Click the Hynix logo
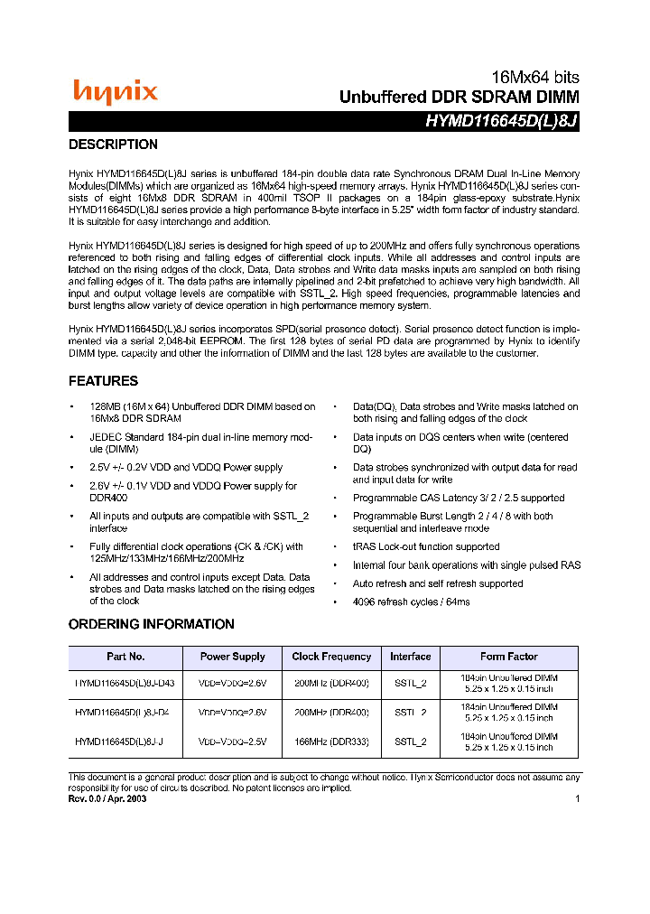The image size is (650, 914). pyautogui.click(x=115, y=91)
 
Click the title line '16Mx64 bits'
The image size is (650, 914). pyautogui.click(x=534, y=78)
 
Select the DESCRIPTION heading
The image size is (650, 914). pyautogui.click(x=113, y=145)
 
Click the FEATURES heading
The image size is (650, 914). pyautogui.click(x=103, y=381)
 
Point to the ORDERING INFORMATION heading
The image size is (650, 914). pyautogui.click(x=151, y=624)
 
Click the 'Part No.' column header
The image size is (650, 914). pyautogui.click(x=125, y=657)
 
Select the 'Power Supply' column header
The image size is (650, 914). pyautogui.click(x=232, y=657)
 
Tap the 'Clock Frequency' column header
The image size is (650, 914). pyautogui.click(x=331, y=657)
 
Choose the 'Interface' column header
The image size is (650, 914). pyautogui.click(x=411, y=657)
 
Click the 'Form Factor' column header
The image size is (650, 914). pyautogui.click(x=508, y=657)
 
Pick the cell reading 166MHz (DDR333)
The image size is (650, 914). pyautogui.click(x=331, y=741)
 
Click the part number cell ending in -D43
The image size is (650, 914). pyautogui.click(x=125, y=684)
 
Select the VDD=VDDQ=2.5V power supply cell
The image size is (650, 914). pyautogui.click(x=232, y=741)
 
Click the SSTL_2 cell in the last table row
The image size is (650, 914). pyautogui.click(x=411, y=741)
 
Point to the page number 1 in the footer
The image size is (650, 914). pyautogui.click(x=577, y=798)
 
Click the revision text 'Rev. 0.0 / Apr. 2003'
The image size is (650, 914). pyautogui.click(x=107, y=798)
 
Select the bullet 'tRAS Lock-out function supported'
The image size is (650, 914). pyautogui.click(x=426, y=546)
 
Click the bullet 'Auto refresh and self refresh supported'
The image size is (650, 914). pyautogui.click(x=438, y=583)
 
